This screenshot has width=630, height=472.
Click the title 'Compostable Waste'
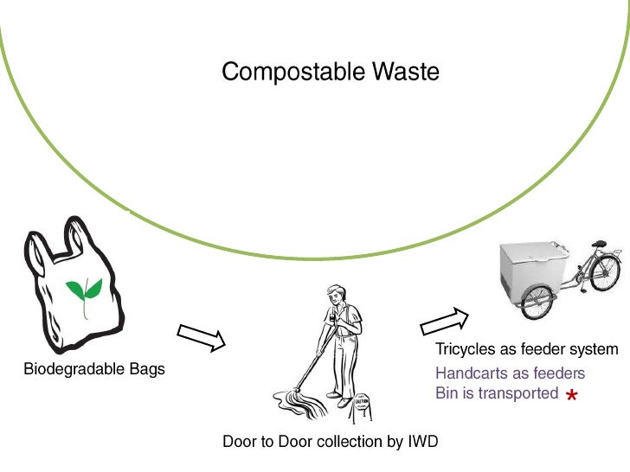[x=330, y=72]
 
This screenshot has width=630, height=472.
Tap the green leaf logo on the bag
[x=84, y=295]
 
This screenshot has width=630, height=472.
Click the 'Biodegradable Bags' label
[x=94, y=370]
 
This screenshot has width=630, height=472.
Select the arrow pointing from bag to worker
[x=201, y=337]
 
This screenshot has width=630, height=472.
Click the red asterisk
[x=571, y=396]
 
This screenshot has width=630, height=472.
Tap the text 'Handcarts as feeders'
[x=510, y=373]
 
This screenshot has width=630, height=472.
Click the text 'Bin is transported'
[x=497, y=392]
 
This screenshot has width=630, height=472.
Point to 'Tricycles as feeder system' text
[x=526, y=350]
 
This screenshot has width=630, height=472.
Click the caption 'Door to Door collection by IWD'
[x=330, y=442]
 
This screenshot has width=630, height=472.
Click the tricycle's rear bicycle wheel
[x=604, y=273]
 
